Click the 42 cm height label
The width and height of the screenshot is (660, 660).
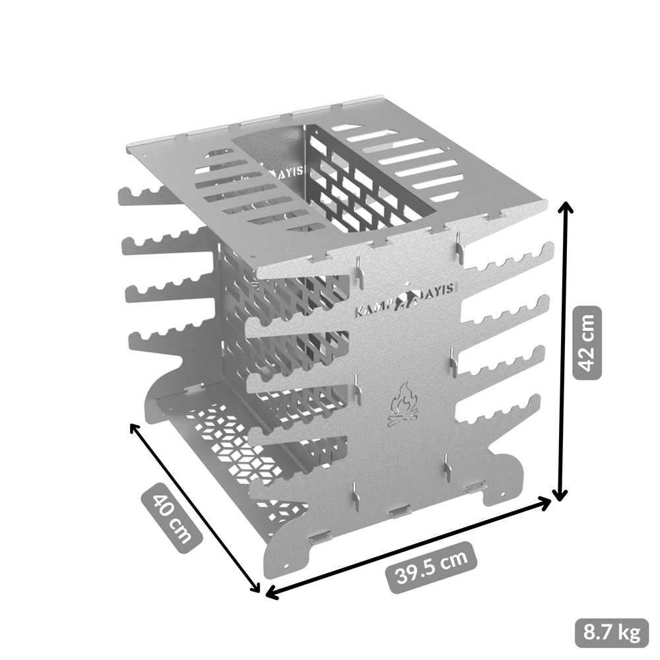tap(587, 343)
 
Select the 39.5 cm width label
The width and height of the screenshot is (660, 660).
tap(432, 566)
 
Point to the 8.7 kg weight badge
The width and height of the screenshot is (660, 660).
tap(612, 633)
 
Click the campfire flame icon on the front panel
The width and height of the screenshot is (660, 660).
tap(403, 403)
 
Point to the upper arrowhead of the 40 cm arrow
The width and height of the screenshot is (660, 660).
tap(135, 428)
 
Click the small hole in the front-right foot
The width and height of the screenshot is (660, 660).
tap(502, 492)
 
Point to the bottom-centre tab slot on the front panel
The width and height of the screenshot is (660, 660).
tap(399, 511)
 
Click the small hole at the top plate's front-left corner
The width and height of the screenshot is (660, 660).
tap(254, 257)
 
